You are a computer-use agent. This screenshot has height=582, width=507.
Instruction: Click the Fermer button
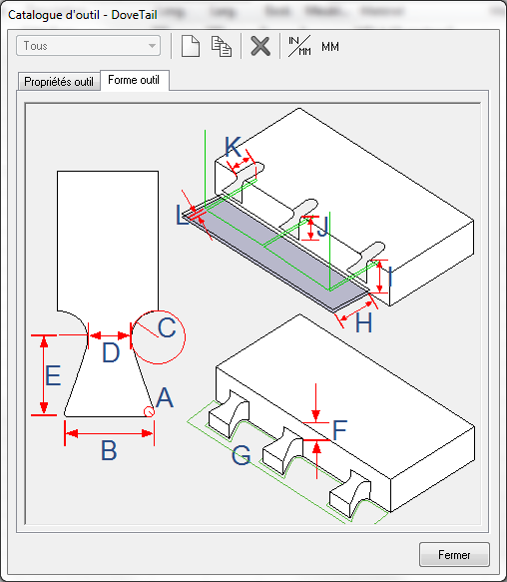(454, 554)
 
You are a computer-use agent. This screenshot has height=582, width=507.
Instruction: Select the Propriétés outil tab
(59, 81)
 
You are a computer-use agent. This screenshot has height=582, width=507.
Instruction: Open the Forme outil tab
(134, 80)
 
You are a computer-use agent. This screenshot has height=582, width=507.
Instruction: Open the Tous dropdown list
(89, 46)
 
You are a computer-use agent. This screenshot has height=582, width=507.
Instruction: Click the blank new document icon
(191, 46)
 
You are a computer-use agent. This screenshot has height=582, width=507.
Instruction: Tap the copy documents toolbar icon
(222, 46)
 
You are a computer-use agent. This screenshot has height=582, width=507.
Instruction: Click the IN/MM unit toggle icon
(299, 46)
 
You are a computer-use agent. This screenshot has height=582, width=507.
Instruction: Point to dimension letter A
(165, 397)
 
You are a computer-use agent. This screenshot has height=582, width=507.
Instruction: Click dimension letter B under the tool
(109, 450)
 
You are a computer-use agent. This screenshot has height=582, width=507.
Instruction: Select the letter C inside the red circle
(167, 327)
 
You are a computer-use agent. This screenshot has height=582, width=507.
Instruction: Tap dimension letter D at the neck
(111, 352)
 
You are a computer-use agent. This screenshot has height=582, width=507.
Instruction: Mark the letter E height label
(53, 375)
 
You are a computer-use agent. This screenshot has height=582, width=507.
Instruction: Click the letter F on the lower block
(339, 430)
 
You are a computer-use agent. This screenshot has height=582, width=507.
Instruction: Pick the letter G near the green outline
(242, 455)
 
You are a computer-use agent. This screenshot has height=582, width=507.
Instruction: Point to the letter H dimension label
(363, 322)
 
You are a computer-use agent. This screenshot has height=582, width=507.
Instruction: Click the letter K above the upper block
(234, 146)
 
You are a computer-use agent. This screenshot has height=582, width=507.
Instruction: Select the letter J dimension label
(323, 227)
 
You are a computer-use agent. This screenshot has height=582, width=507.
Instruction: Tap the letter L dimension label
(182, 215)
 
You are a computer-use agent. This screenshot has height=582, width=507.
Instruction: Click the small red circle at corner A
(149, 411)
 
